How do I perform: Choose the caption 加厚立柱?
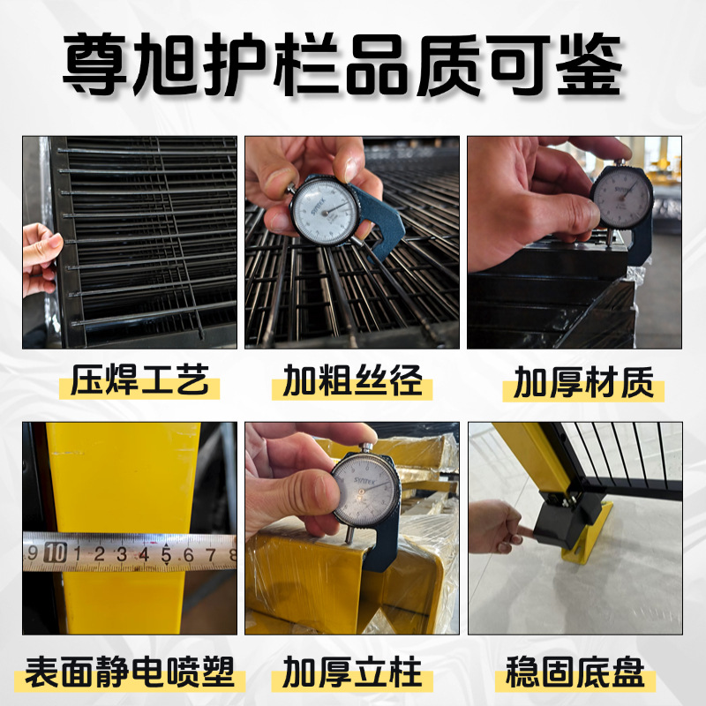click(352, 675)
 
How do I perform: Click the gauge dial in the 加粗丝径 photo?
click(322, 208)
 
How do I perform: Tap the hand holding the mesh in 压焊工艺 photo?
click(39, 256)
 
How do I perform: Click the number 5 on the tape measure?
click(166, 554)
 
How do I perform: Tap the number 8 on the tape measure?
click(231, 554)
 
